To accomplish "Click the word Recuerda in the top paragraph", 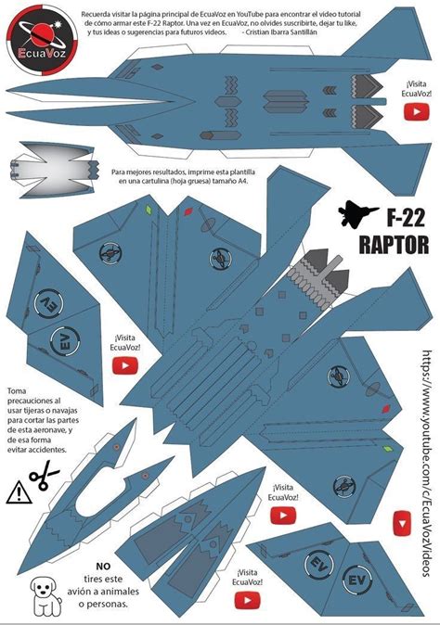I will (99, 15).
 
